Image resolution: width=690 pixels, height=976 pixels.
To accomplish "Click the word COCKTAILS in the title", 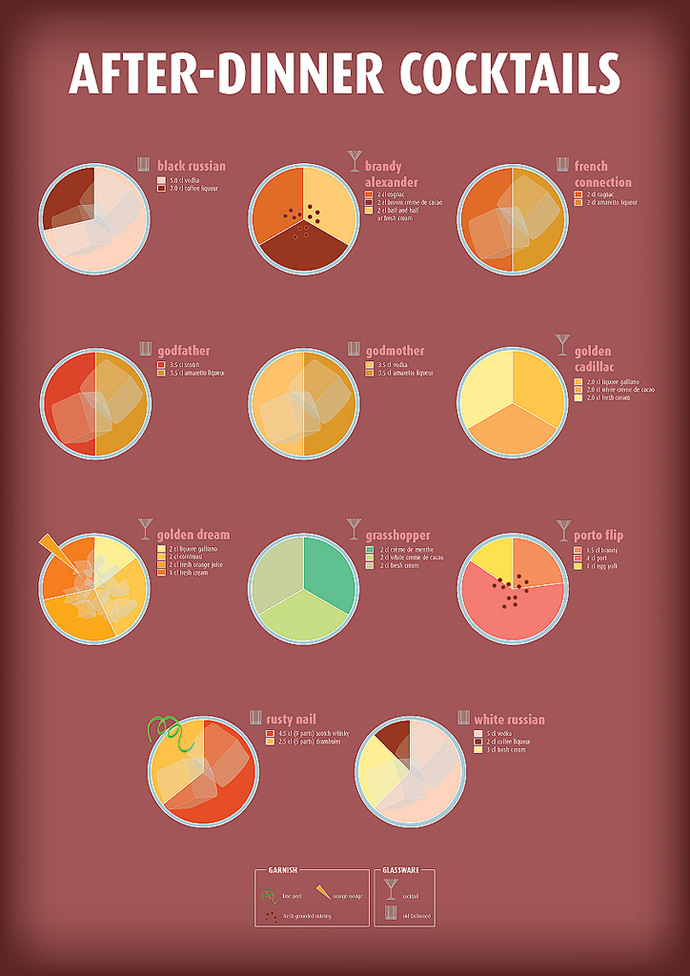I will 509,73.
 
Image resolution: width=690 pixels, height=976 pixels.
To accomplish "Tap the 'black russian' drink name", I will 191,166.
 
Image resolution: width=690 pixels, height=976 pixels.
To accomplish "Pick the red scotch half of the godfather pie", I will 68,404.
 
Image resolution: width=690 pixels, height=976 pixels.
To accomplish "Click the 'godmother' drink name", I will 395,351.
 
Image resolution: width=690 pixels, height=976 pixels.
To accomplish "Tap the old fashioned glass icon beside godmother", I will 353,349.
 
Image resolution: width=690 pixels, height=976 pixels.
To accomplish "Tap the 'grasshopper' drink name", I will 398,536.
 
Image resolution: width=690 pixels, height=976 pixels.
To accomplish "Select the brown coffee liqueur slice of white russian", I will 394,737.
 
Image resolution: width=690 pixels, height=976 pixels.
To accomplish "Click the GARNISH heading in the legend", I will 283,871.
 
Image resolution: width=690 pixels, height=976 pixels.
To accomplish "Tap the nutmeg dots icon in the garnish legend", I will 271,915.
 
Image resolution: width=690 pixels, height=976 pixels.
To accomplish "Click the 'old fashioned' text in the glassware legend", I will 417,915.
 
